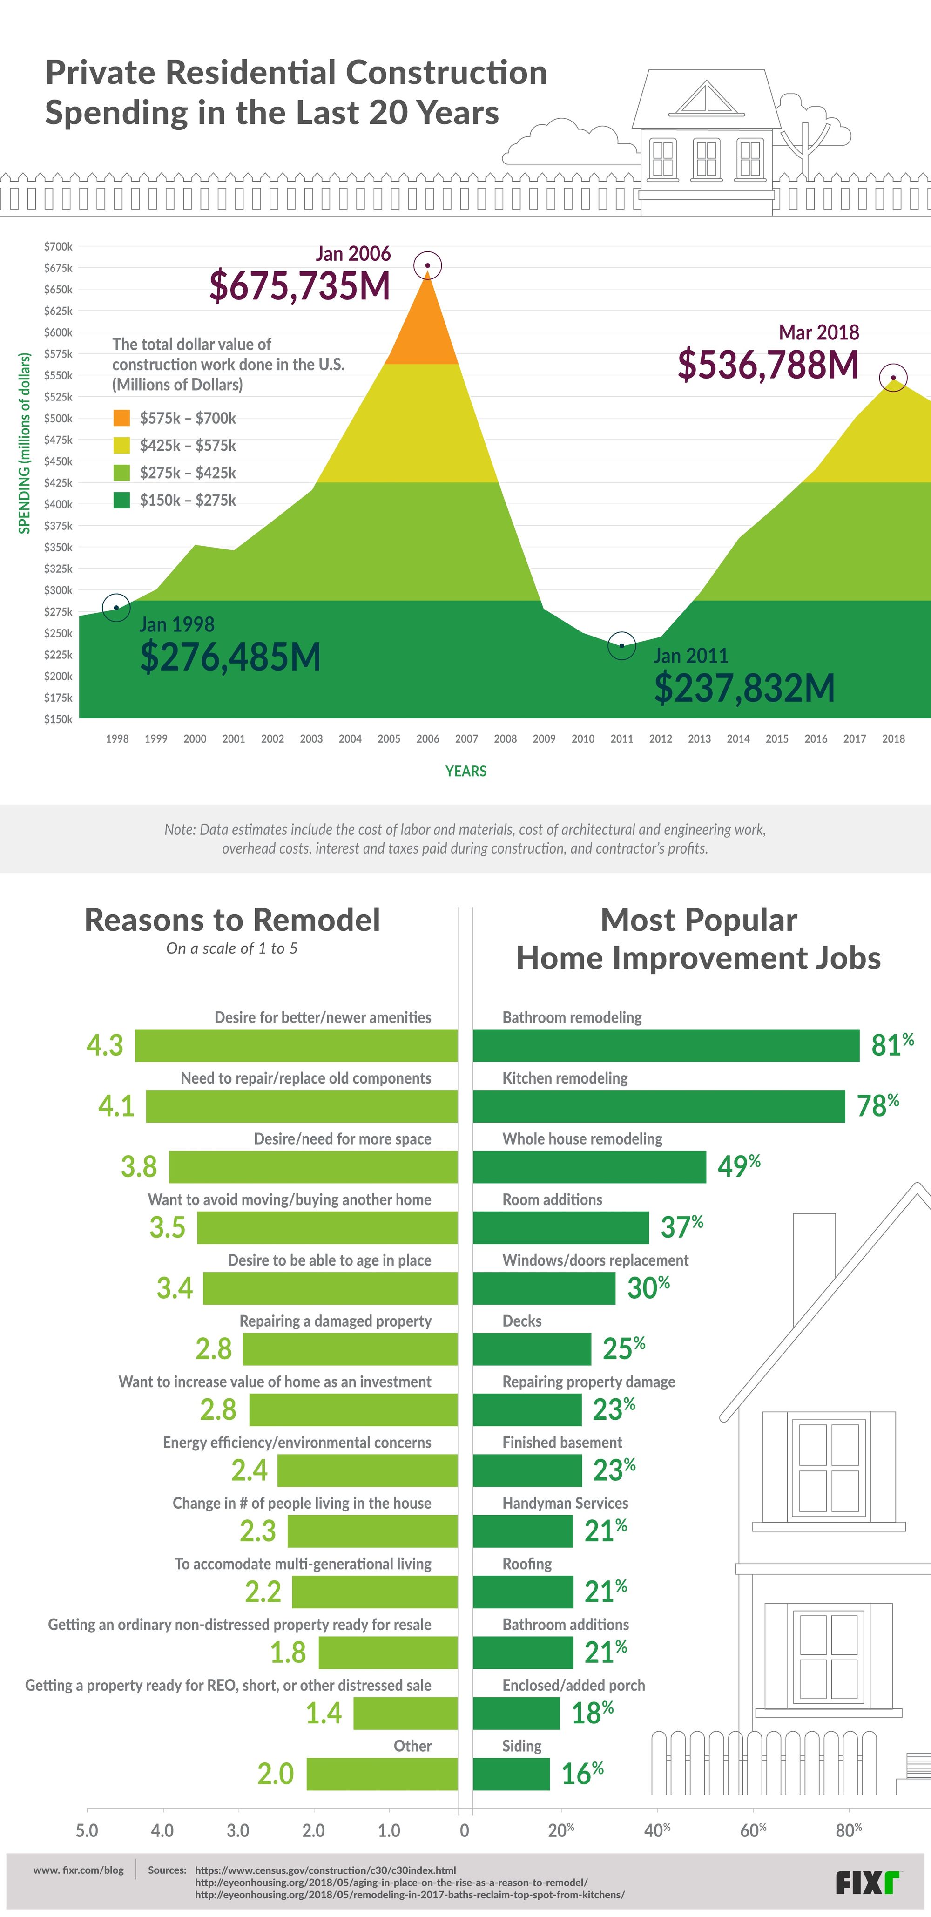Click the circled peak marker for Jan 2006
(x=428, y=265)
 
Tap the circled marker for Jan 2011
(x=621, y=645)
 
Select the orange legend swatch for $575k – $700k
(x=121, y=418)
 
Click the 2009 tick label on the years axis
(x=544, y=739)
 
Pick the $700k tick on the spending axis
(x=58, y=246)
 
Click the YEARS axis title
(x=466, y=772)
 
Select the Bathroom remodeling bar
(x=666, y=1045)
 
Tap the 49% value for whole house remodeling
(x=738, y=1166)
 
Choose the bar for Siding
(x=511, y=1774)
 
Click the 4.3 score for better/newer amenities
(x=105, y=1045)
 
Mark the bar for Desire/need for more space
(x=312, y=1167)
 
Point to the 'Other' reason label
(x=412, y=1746)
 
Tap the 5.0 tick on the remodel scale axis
(x=87, y=1830)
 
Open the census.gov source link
(x=325, y=1870)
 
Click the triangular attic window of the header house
(x=706, y=99)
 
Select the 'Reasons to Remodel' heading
(x=232, y=920)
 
